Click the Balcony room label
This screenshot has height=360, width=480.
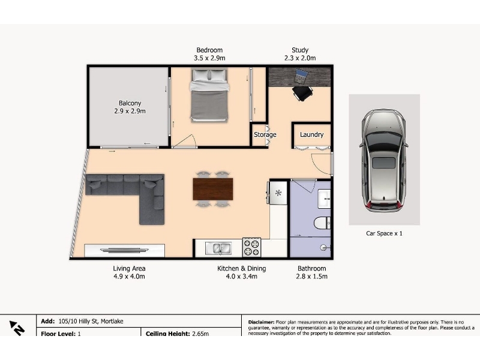point(130,103)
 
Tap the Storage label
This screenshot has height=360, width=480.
point(265,134)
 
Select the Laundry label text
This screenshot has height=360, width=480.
point(311,134)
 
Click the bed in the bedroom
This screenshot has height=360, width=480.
point(209,95)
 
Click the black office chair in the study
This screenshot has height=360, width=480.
point(302,94)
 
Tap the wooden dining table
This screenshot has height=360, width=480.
point(213,189)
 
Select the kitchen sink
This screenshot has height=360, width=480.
point(218,248)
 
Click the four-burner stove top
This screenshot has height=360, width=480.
point(251,247)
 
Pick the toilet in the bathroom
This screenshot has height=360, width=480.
point(322,223)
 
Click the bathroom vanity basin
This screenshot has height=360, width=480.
point(324,199)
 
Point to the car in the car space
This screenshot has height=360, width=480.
point(384,160)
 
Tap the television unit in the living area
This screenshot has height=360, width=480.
point(124,250)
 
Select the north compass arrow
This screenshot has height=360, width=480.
point(17,328)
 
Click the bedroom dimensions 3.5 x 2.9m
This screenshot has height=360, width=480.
point(209,58)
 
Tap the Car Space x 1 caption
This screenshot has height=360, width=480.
point(384,233)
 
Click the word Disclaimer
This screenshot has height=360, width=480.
point(261,322)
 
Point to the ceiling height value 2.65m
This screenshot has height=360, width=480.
point(200,334)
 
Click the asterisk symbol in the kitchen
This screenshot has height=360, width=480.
point(278,193)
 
